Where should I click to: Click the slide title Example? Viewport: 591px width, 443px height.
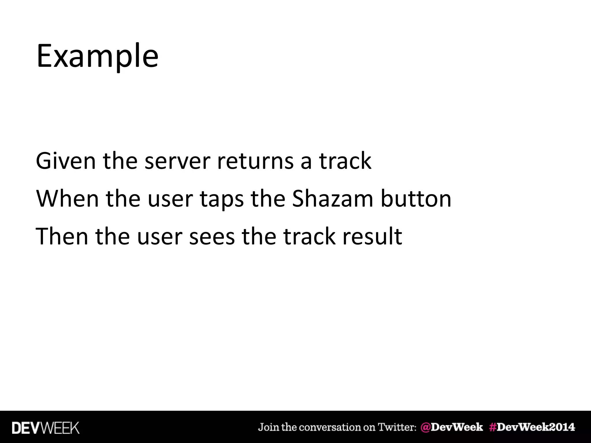point(97,56)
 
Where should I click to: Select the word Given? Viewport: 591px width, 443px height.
point(66,161)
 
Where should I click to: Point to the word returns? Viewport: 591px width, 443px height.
point(255,161)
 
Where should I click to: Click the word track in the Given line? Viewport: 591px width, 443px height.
point(345,161)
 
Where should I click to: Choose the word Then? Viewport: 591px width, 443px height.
point(62,236)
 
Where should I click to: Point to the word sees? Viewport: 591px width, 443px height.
point(212,237)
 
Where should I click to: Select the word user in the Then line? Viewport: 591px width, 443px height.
point(160,237)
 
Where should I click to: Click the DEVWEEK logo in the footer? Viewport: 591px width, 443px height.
point(46,428)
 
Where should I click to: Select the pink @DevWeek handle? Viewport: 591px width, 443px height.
point(452,427)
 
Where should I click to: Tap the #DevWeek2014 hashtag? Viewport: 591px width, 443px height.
point(532,427)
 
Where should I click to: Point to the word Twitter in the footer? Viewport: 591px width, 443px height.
point(397,427)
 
